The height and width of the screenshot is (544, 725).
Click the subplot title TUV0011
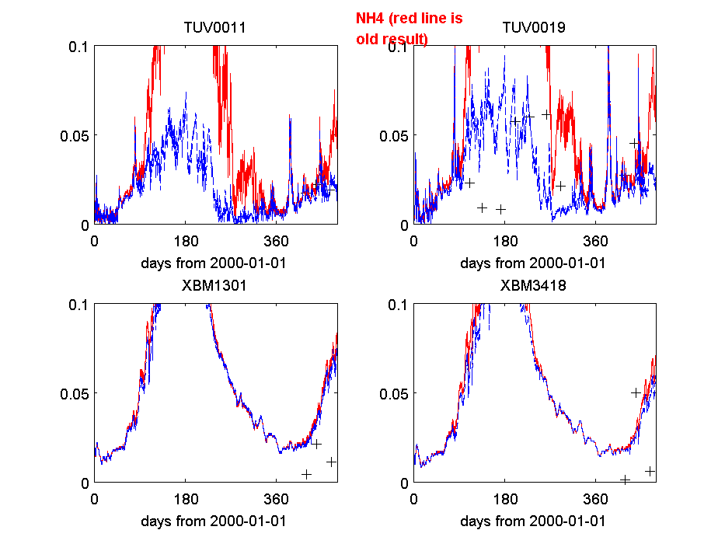coord(214,28)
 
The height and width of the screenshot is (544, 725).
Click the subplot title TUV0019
coord(533,28)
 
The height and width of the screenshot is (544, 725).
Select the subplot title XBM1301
coord(214,285)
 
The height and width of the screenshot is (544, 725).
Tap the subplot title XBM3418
coord(533,285)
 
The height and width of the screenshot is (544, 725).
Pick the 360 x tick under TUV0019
coord(595,240)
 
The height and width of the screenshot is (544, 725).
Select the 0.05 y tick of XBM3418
coord(393,393)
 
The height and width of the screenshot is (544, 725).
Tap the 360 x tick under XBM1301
coord(277,498)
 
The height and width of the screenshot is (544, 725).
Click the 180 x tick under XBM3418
coord(505,498)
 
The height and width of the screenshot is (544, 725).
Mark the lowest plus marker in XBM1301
coord(307,474)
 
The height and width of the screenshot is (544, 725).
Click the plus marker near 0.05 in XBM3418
coord(636,392)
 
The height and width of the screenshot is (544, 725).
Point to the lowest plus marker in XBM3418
coord(625,479)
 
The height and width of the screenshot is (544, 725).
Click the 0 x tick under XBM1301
coord(95,498)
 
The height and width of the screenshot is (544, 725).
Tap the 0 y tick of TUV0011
coord(84,225)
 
